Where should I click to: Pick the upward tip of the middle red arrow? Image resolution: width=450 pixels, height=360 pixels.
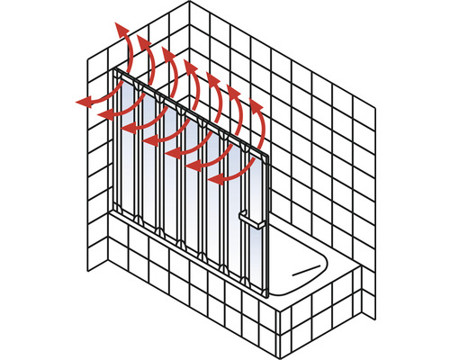pyautogui.click(x=190, y=66)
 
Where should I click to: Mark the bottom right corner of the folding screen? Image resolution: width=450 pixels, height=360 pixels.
pyautogui.click(x=269, y=296)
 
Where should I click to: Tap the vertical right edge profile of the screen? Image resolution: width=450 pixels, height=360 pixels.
pyautogui.click(x=267, y=225)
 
